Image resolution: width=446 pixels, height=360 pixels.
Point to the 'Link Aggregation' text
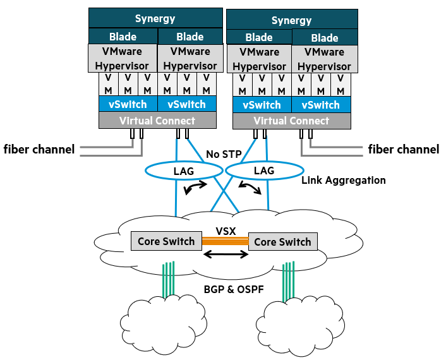click(x=343, y=180)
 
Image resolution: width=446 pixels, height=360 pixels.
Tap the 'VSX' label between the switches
click(x=226, y=231)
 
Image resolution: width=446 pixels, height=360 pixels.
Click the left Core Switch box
click(x=166, y=241)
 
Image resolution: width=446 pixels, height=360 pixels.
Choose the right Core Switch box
click(x=282, y=242)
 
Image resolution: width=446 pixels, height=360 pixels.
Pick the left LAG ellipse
click(x=179, y=171)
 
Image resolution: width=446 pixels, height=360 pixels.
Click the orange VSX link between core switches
click(x=225, y=241)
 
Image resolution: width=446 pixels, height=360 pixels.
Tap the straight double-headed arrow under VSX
click(x=226, y=255)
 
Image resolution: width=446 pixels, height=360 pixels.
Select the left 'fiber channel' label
click(x=39, y=150)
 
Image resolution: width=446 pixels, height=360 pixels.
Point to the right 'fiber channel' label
click(x=403, y=150)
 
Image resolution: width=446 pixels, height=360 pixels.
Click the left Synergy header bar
click(x=155, y=18)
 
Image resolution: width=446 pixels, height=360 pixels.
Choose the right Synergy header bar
click(x=291, y=20)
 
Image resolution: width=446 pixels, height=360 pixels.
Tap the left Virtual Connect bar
click(x=157, y=121)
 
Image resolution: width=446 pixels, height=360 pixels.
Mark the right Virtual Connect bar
click(x=291, y=121)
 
